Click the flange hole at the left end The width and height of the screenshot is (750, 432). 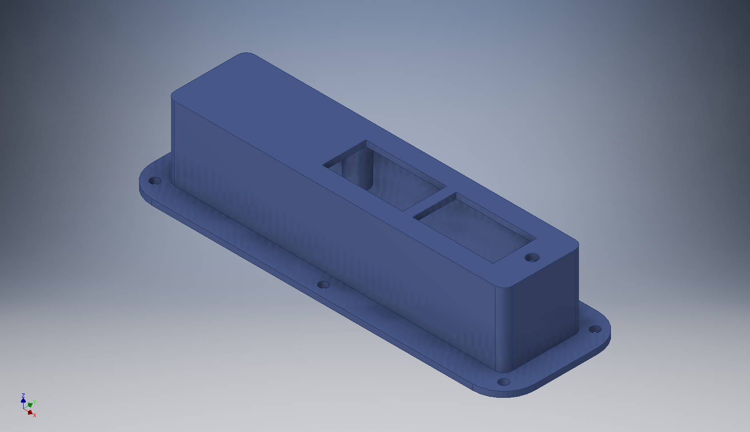tap(155, 181)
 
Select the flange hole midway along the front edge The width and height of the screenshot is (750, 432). tap(323, 284)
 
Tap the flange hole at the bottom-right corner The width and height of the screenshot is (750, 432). tap(503, 382)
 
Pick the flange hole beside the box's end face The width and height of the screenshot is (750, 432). tap(595, 329)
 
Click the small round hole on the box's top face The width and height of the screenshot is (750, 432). tap(532, 258)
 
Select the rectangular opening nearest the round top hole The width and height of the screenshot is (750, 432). tap(475, 228)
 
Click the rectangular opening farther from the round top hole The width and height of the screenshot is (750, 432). tap(384, 176)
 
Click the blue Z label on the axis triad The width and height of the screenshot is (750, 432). tap(23, 396)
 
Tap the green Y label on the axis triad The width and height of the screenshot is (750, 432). tap(35, 402)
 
